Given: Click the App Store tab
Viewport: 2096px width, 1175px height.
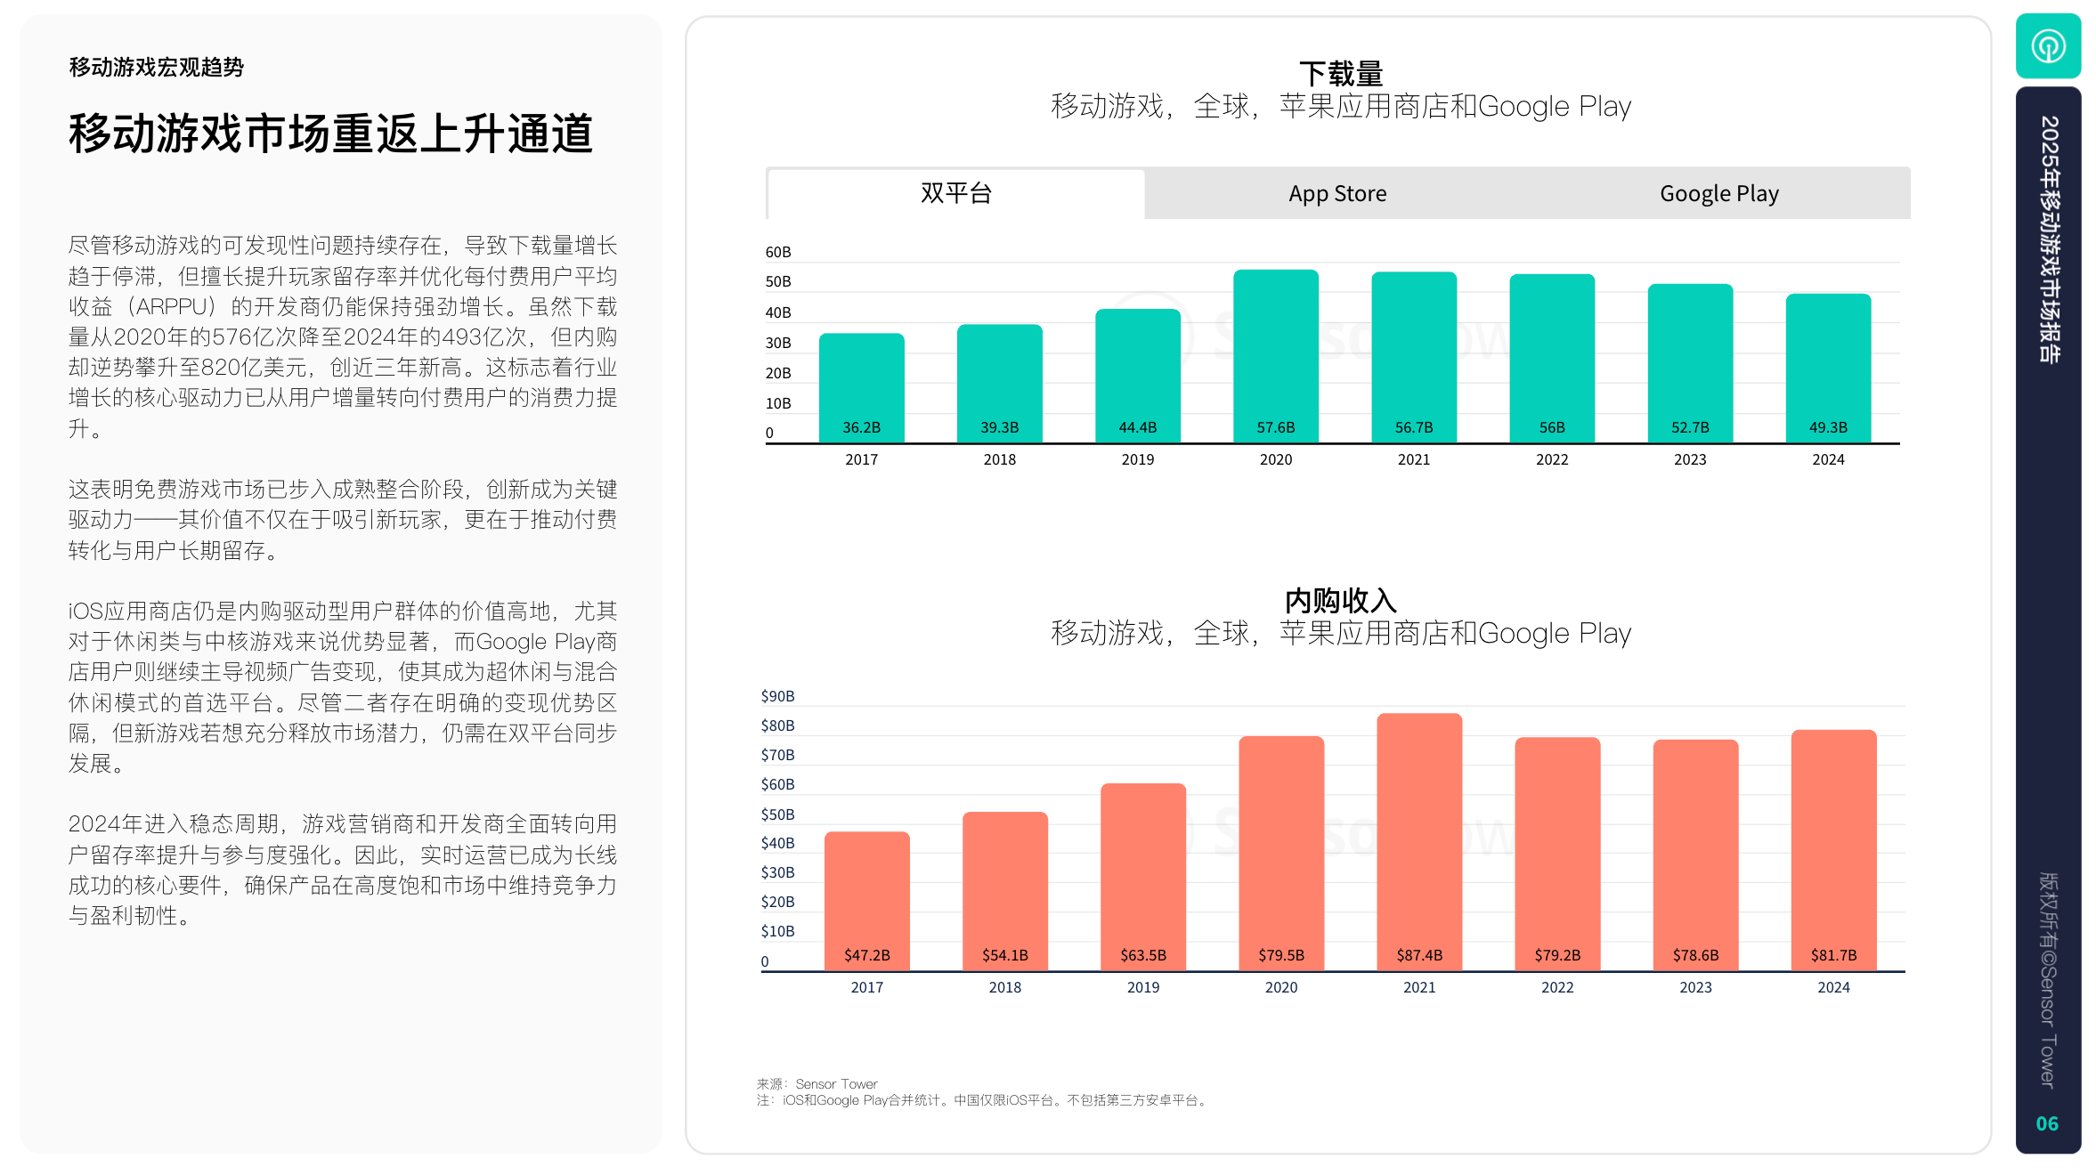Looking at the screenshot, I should [1337, 193].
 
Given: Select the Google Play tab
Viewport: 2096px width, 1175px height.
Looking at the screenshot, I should [1718, 193].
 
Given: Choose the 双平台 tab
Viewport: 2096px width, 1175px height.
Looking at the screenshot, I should [955, 193].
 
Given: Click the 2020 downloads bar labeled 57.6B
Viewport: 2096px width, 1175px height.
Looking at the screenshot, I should [1275, 356].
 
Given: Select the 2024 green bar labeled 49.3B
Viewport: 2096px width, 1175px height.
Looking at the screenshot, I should [1827, 368].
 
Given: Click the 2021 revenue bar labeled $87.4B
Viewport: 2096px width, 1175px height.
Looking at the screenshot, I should [1418, 841].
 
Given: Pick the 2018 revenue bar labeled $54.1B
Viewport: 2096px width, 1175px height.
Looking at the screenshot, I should [1004, 890].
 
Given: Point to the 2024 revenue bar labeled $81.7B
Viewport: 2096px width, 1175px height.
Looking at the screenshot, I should [1832, 850].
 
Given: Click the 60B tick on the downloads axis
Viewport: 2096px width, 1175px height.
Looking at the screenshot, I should [777, 252].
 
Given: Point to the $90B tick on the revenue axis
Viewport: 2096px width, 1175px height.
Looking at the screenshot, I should [777, 696].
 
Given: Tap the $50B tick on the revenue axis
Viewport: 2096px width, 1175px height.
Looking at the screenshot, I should [777, 814].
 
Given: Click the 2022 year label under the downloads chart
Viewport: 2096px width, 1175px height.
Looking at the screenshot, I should [1551, 459].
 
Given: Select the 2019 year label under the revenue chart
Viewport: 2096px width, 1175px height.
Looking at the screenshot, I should [1142, 987].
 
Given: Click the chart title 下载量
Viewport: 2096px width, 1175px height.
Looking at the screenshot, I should [1340, 74].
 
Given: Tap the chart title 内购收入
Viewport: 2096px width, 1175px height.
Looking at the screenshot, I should [1340, 601].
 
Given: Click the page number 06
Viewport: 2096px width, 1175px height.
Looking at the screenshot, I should [2046, 1123].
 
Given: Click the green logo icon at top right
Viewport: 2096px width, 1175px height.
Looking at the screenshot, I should [2047, 46].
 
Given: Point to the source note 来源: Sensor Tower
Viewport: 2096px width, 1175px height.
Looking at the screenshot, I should [816, 1083].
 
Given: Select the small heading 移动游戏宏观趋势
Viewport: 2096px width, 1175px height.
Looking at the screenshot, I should [156, 68].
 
